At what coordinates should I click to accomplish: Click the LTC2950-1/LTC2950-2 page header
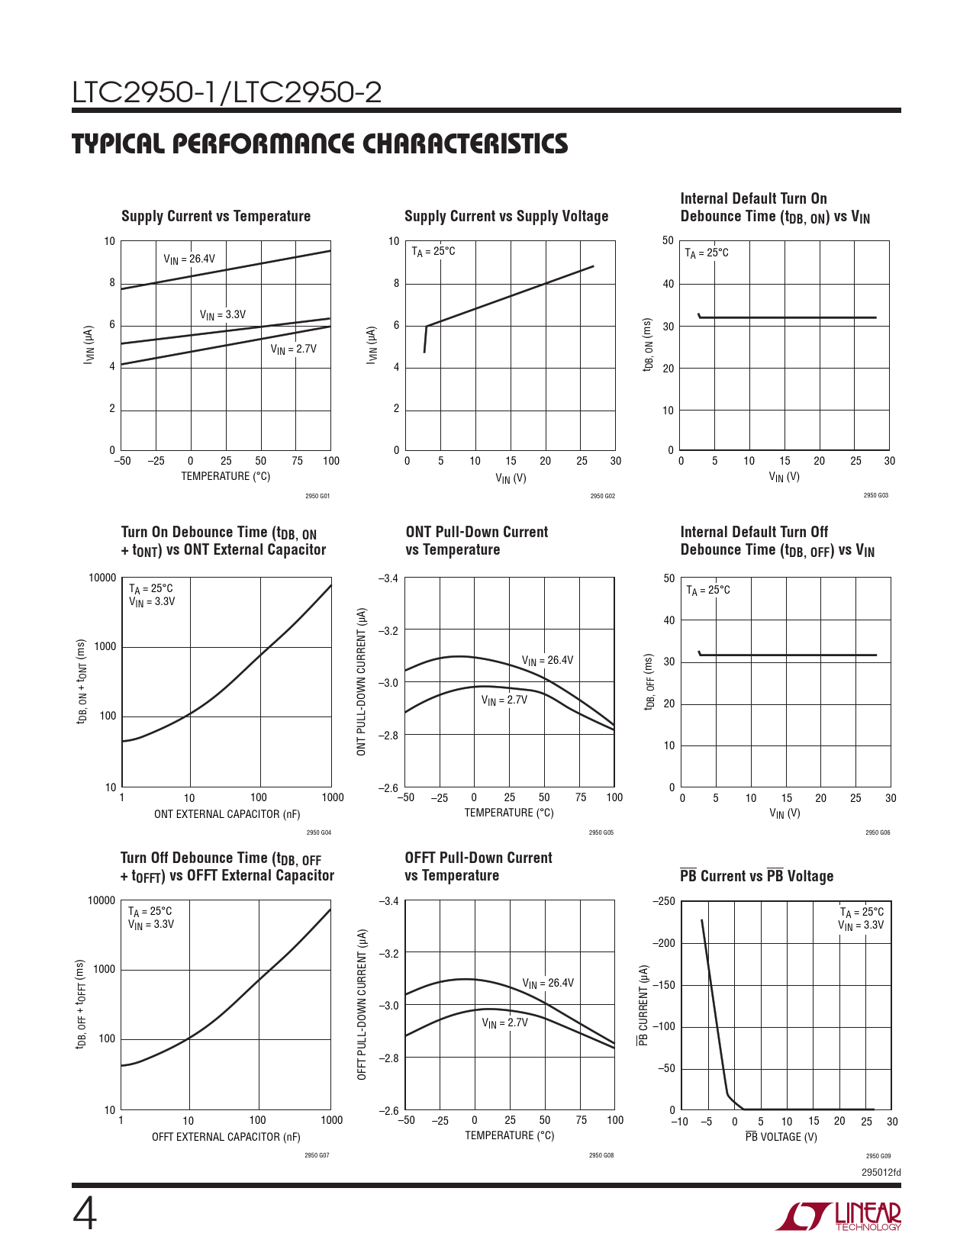tap(227, 93)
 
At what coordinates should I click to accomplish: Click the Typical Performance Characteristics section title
tap(320, 144)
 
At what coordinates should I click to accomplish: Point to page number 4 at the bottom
tap(85, 1215)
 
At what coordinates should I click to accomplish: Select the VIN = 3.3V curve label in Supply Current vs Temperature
tap(223, 315)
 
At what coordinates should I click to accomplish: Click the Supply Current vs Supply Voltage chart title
tap(506, 216)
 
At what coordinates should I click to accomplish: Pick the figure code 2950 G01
tap(317, 496)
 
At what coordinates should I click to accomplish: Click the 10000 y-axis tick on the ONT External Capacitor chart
tap(103, 578)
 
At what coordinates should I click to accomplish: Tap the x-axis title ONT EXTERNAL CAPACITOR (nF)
tap(227, 814)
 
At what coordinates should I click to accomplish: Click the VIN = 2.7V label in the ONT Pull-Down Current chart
tap(504, 700)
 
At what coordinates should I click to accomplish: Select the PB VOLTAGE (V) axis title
tap(781, 1137)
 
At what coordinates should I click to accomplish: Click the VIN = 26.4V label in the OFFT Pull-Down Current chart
tap(548, 984)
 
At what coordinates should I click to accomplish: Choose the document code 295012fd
tap(881, 1172)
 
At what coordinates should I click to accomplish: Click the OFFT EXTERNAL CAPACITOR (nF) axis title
tap(226, 1137)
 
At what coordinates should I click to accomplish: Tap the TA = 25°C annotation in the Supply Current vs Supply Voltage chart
tap(433, 252)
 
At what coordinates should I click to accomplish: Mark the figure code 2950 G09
tap(878, 1156)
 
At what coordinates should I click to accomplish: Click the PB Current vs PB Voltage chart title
tap(756, 876)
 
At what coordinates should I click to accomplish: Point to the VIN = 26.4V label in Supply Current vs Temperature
tap(189, 259)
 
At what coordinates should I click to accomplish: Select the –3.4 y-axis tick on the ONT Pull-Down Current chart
tap(388, 578)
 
